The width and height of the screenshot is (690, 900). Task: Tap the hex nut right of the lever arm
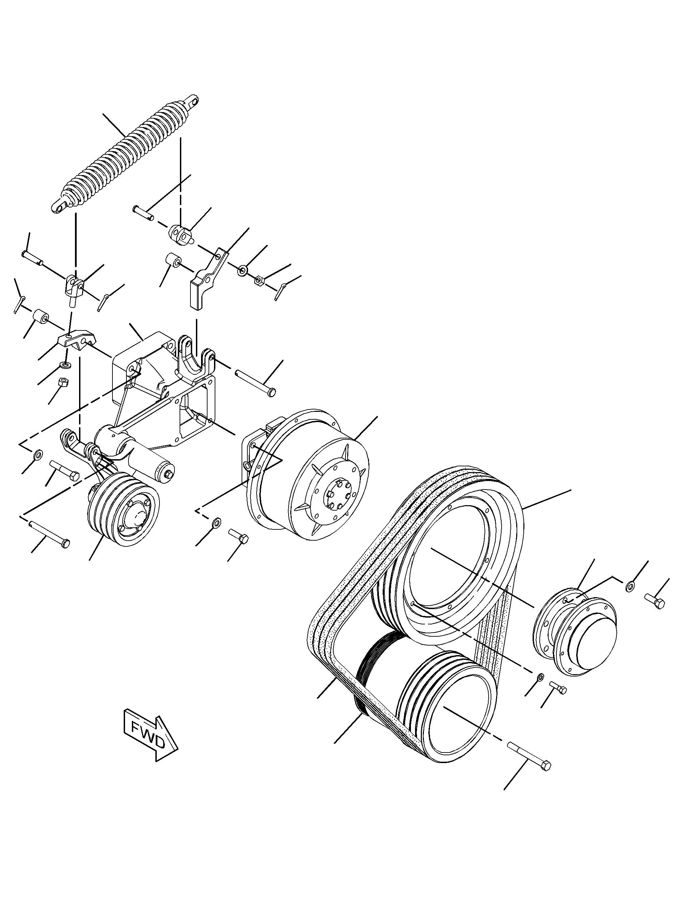[x=259, y=280]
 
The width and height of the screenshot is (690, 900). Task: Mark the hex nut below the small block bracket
[x=64, y=382]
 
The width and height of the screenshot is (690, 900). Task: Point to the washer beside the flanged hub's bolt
[x=630, y=587]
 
